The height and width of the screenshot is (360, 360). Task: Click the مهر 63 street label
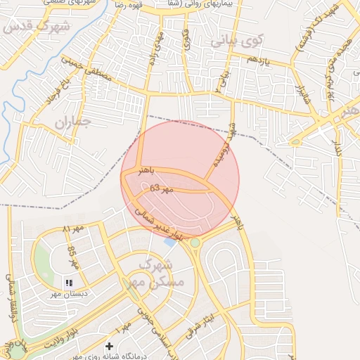coord(160,189)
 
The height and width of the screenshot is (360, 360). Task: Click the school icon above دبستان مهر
coord(69,283)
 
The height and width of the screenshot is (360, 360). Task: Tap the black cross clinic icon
coord(109,346)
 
